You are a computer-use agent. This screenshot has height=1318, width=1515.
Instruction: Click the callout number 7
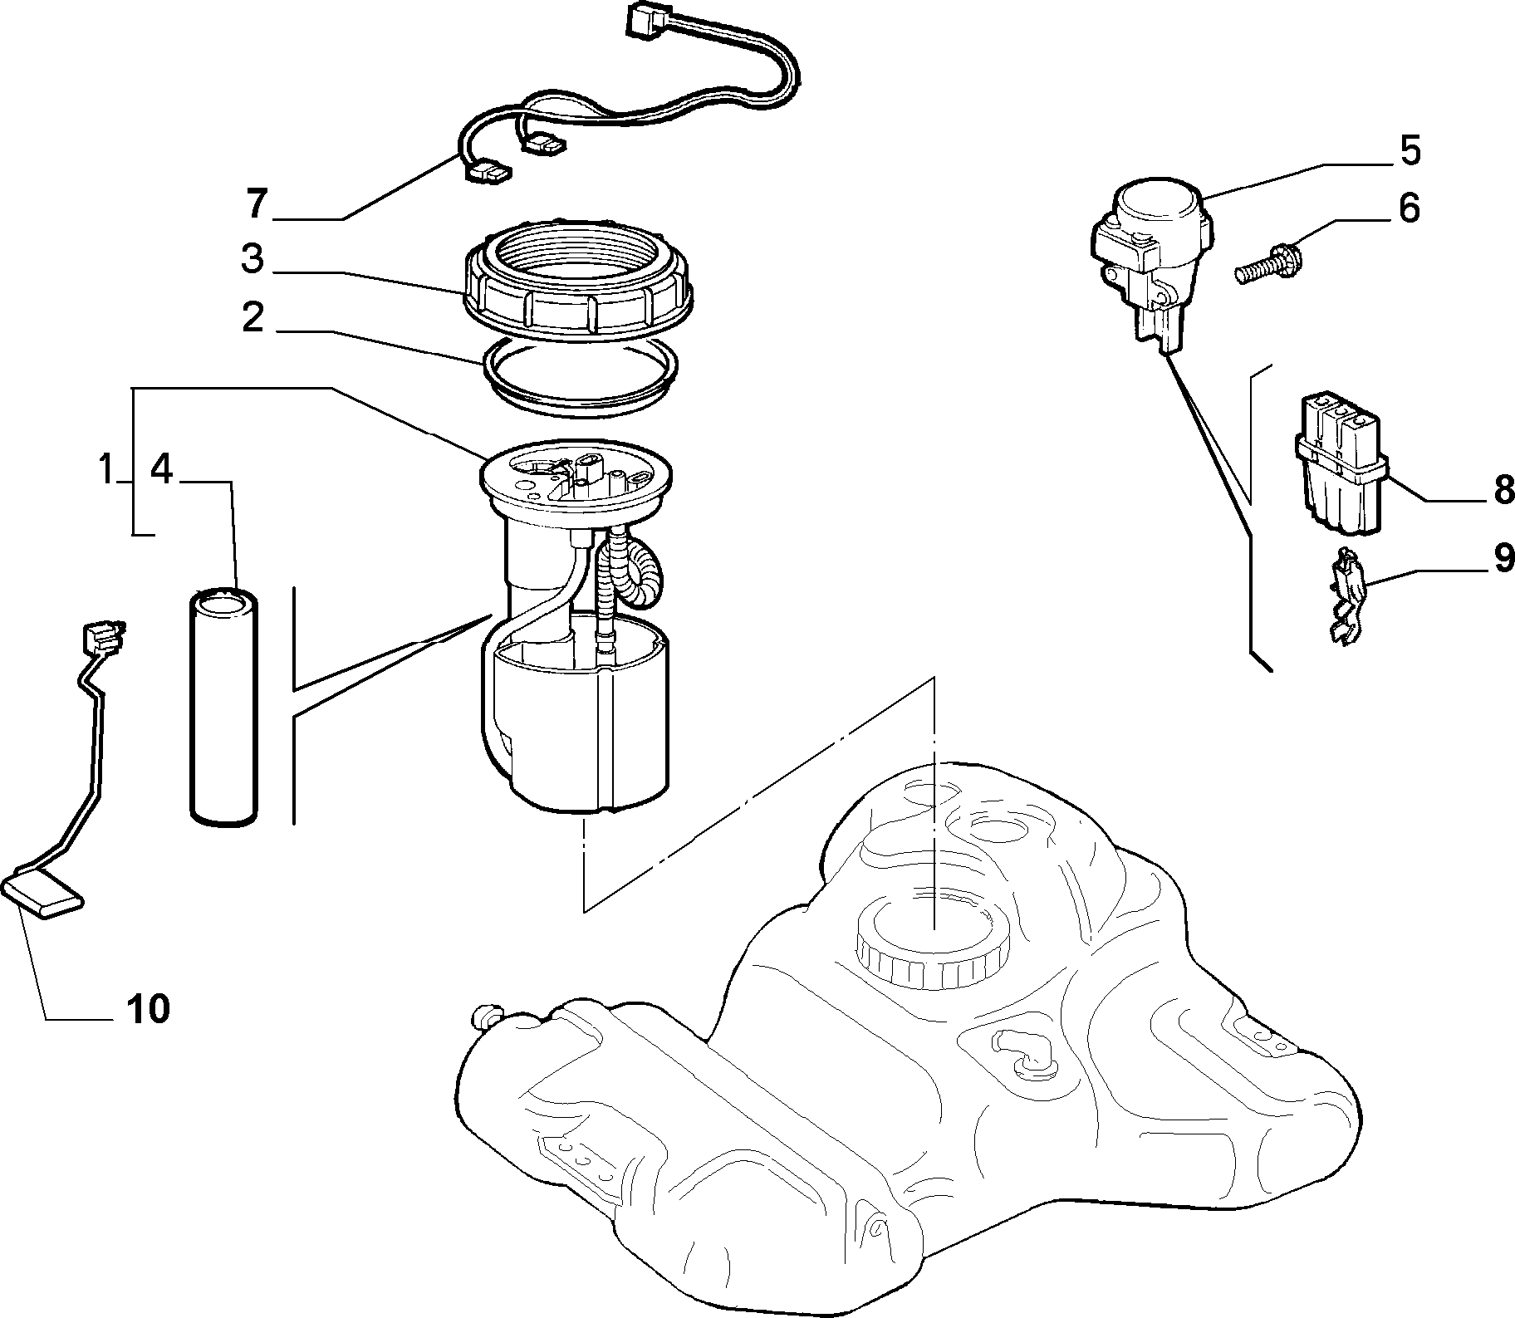257,203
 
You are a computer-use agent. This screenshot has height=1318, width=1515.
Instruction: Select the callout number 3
252,258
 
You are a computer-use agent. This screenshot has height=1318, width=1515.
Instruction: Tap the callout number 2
252,317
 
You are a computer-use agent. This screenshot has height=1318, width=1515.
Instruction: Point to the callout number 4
162,470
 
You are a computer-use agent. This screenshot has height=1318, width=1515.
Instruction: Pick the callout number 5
1410,149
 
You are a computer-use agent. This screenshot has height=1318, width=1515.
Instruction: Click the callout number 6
1410,208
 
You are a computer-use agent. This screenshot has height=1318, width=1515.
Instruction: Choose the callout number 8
1503,492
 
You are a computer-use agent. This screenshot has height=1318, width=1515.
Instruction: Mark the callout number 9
1503,557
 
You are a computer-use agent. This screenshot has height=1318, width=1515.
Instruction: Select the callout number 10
149,1008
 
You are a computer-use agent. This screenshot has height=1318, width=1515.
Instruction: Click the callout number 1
105,470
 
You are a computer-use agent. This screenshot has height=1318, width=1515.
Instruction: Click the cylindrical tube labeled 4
222,707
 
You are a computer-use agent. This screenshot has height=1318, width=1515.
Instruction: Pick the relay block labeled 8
1342,465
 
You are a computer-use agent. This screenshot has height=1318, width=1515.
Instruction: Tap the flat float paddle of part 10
43,897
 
